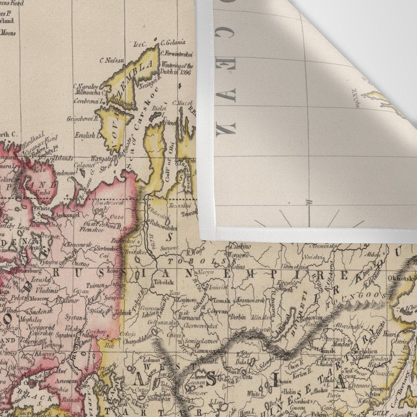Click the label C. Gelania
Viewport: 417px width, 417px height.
tap(173, 42)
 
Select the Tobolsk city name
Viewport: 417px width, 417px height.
tap(162, 283)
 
